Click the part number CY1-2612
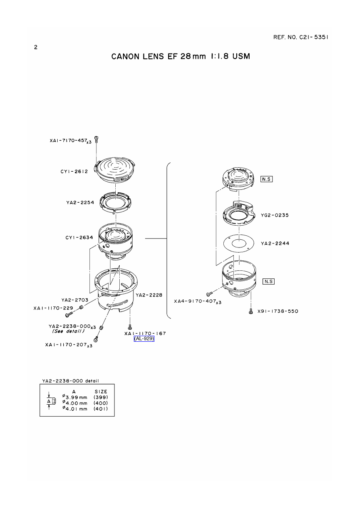pos(74,172)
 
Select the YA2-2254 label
pos(80,202)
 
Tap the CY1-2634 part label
pos(79,237)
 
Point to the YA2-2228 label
pos(149,295)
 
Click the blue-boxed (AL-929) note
pos(144,339)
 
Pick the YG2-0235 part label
pos(275,215)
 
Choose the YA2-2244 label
pos(275,243)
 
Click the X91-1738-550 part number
pos(278,311)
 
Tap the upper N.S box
pos(266,179)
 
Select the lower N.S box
pos(268,281)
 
